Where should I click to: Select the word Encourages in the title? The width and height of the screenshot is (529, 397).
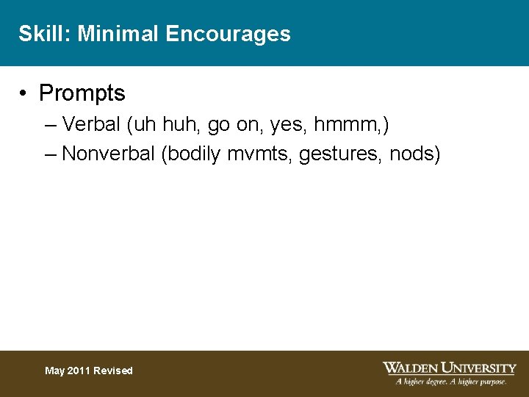(228, 34)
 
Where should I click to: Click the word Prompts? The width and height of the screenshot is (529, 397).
(82, 93)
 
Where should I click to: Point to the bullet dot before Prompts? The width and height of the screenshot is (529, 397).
(25, 93)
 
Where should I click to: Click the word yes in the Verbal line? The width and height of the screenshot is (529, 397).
(287, 125)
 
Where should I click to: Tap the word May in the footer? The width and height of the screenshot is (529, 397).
(55, 371)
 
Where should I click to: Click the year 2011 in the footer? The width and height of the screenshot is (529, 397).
(81, 371)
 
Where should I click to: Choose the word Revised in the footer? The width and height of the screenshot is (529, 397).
(114, 371)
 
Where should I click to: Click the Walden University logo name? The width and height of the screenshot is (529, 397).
(450, 368)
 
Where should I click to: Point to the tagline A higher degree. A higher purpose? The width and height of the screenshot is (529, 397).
(451, 382)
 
